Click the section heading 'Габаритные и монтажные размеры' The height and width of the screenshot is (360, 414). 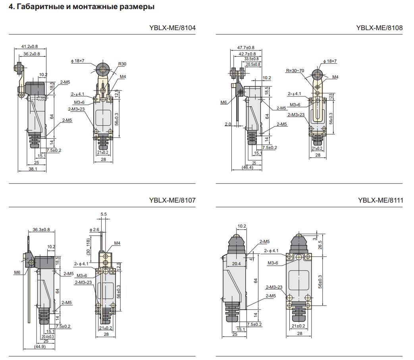click(x=81, y=7)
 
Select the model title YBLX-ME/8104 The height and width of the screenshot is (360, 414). click(x=172, y=28)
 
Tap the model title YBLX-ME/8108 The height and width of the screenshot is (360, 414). click(x=379, y=28)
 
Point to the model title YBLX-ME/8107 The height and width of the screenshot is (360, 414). click(x=172, y=200)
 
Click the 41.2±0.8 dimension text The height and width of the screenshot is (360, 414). click(x=30, y=46)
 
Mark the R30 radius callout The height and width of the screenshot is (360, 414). click(x=122, y=64)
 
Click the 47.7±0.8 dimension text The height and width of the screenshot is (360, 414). click(x=246, y=48)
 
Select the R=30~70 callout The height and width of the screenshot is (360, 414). click(x=295, y=71)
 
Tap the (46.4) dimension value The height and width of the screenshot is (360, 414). click(x=247, y=168)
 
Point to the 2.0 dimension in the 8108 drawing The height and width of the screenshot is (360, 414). click(x=228, y=124)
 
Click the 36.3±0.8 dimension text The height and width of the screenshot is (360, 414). click(x=41, y=230)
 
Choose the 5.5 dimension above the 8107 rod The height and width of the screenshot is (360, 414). click(x=104, y=214)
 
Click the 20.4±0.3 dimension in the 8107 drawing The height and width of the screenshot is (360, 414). click(x=48, y=336)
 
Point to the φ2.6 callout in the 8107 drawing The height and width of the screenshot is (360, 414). click(x=94, y=230)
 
